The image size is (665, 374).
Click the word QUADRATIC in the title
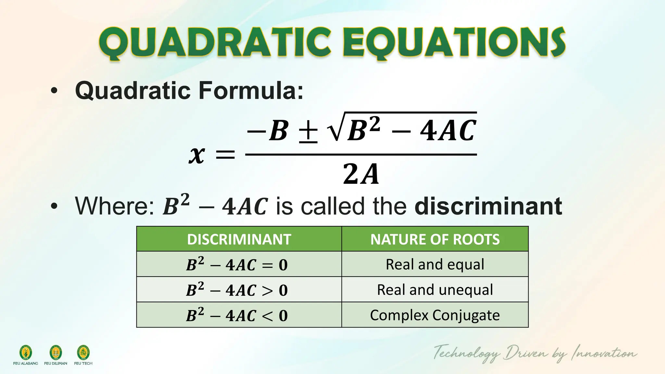click(x=215, y=43)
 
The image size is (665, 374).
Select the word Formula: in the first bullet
click(x=251, y=90)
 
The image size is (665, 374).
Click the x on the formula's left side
click(x=197, y=155)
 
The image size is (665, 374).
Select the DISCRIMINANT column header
click(x=239, y=239)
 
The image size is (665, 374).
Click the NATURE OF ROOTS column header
click(x=435, y=239)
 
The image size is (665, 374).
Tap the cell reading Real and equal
click(x=435, y=264)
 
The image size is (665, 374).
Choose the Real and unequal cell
click(x=435, y=290)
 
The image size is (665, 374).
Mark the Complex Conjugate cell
click(x=435, y=315)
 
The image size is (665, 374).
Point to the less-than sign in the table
click(x=267, y=316)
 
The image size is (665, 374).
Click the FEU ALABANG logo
click(x=26, y=353)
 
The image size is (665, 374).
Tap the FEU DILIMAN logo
click(x=56, y=353)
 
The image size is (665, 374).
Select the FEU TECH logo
click(x=83, y=353)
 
